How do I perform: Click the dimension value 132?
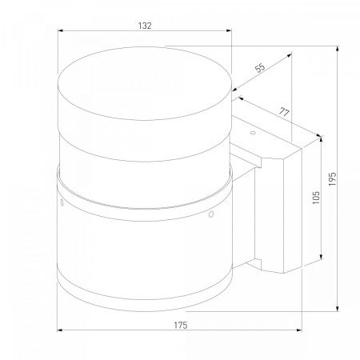coord(145,26)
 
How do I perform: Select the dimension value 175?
coord(181,326)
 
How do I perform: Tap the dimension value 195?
coord(333,179)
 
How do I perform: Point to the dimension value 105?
coord(316,198)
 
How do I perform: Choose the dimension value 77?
coord(285,112)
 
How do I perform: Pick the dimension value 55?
coord(260,68)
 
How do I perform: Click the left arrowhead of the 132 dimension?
coord(60,30)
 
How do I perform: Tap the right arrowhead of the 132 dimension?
coord(229,30)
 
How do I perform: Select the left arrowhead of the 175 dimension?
coord(60,330)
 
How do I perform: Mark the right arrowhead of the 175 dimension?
coord(299,330)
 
